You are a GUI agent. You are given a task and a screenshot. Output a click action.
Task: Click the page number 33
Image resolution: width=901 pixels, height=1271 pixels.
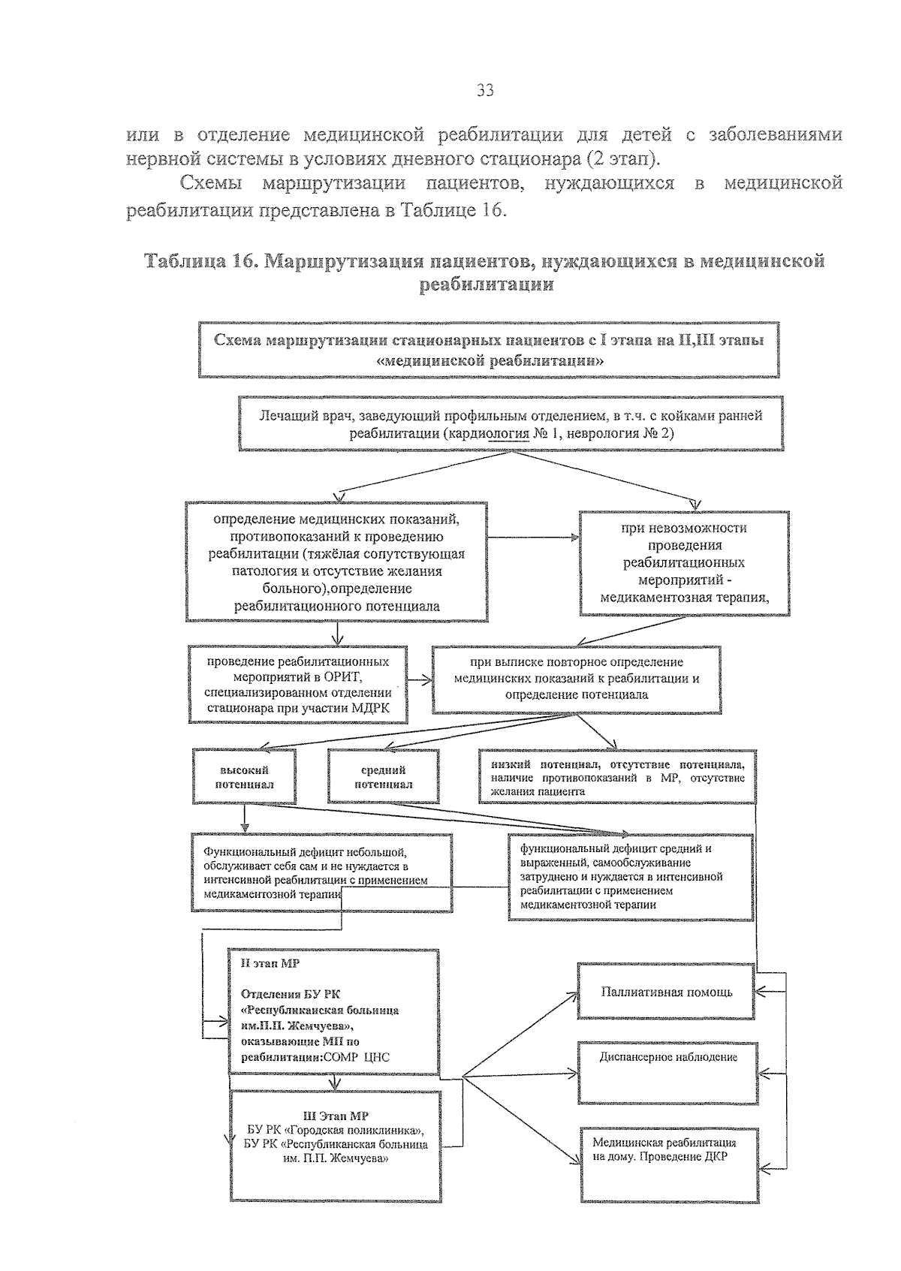click(485, 92)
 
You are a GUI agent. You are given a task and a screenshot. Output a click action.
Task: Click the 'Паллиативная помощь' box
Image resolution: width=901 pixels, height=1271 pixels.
click(666, 992)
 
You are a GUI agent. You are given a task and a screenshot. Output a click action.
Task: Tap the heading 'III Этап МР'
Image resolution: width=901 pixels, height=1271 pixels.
click(335, 1116)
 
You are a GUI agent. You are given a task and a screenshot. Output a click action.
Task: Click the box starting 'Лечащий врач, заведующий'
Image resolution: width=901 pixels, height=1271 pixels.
click(511, 424)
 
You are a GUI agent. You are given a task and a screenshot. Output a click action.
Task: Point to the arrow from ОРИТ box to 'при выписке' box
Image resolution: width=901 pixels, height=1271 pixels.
click(421, 680)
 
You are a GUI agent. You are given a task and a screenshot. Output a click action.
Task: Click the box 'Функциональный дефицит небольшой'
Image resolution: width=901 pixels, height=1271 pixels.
click(321, 873)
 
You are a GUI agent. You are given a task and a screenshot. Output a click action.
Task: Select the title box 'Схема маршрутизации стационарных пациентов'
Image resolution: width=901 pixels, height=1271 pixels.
click(489, 350)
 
